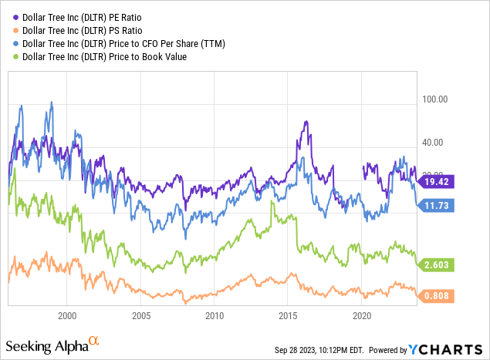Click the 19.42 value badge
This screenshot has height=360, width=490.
point(438,181)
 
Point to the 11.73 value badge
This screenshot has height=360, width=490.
point(438,205)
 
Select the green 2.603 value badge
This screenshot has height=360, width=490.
point(438,264)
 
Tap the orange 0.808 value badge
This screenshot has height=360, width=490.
point(438,294)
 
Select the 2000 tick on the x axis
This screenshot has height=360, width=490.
point(67,316)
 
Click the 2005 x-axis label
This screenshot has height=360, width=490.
point(140,316)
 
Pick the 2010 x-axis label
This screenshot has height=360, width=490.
point(215,316)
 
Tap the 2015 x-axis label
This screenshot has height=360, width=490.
point(289,316)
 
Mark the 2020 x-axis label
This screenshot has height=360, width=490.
point(363,316)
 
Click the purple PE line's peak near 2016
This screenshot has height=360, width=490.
point(306,122)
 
